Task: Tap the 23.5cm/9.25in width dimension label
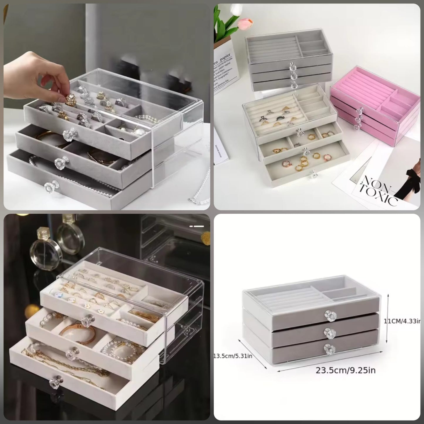[x=345, y=370]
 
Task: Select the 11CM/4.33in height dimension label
[x=403, y=321]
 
